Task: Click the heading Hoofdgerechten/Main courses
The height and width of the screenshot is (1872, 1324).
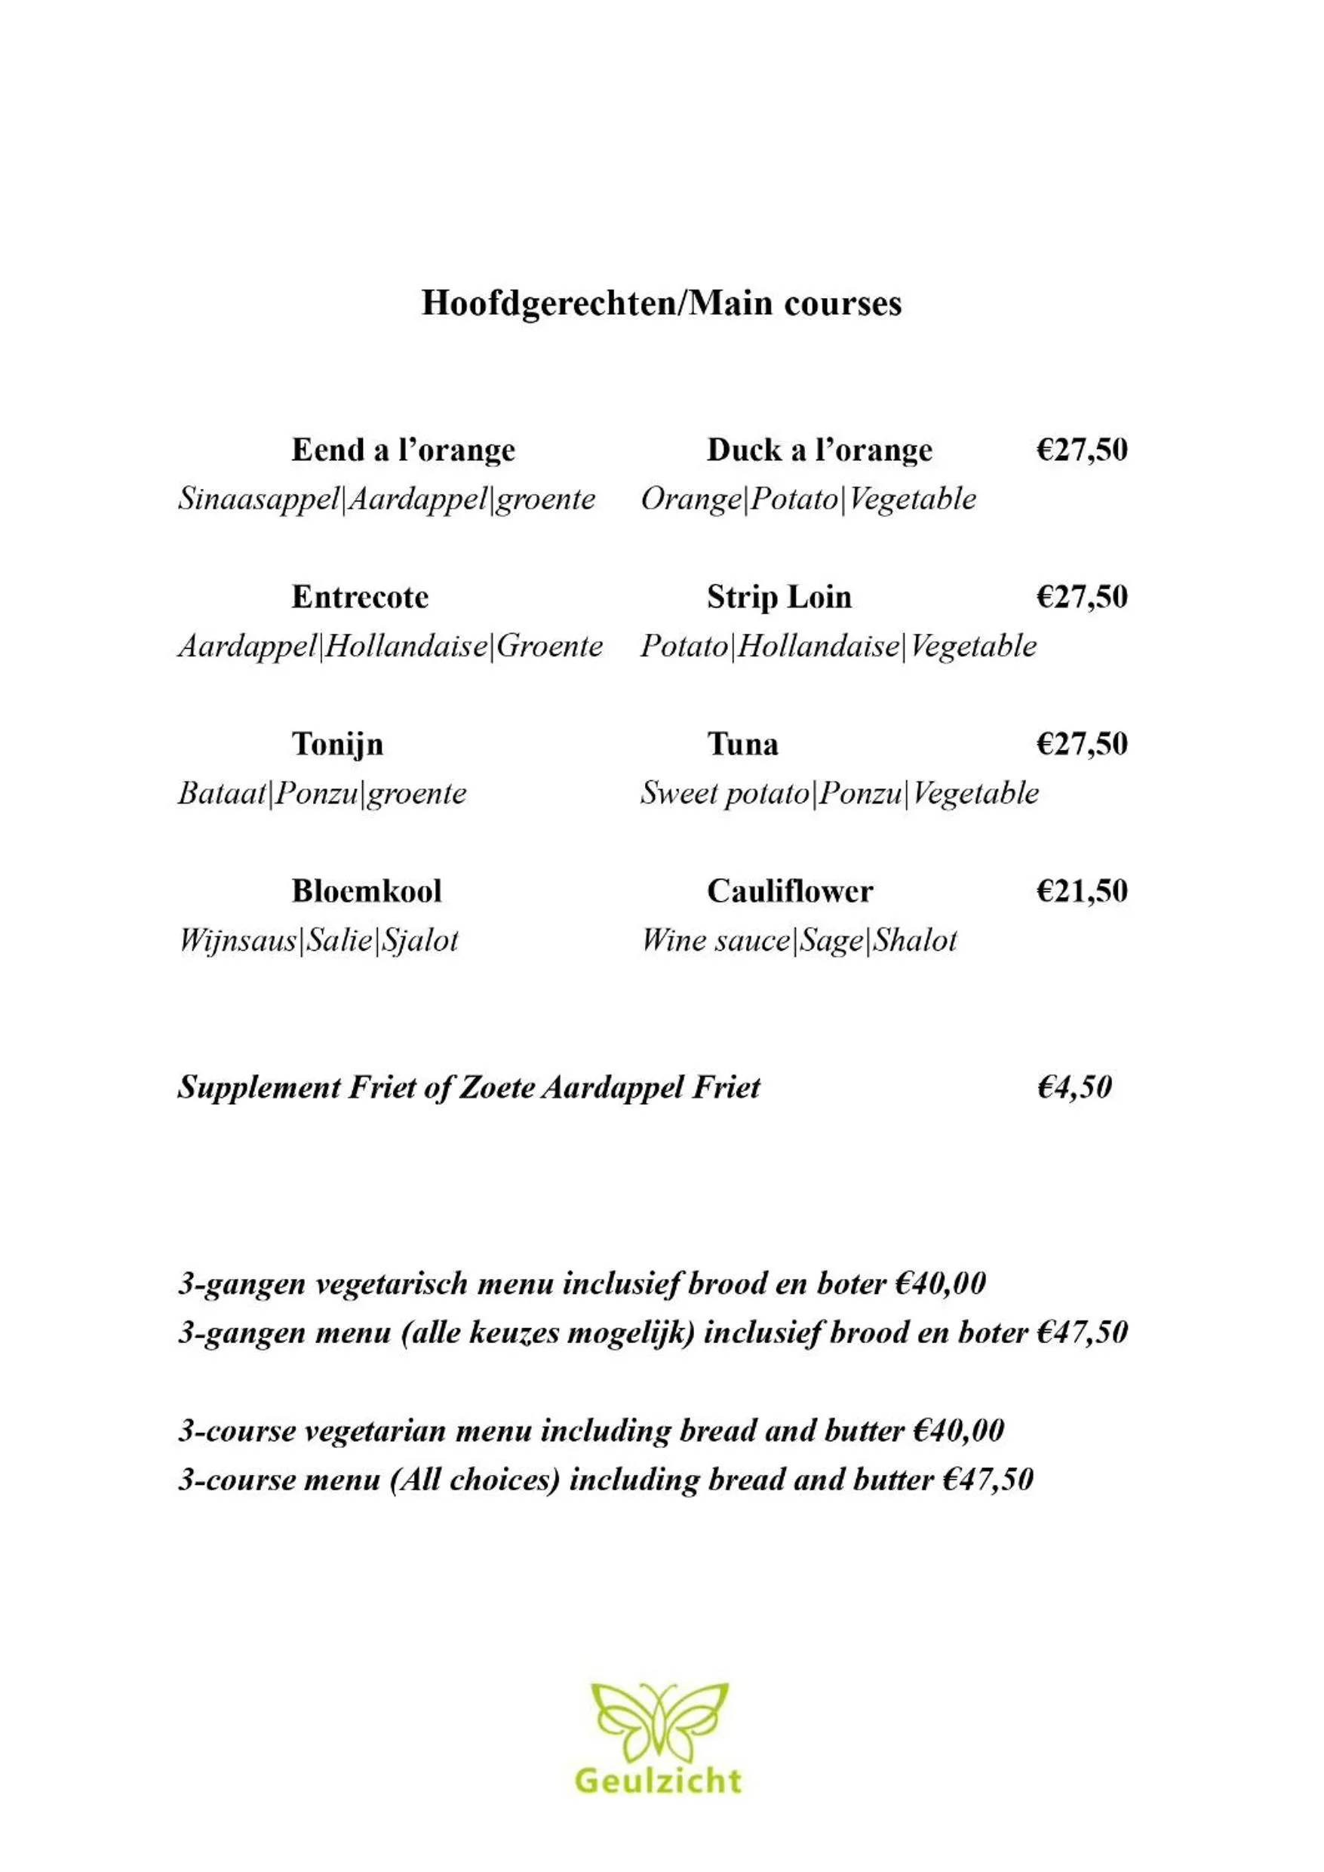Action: [x=661, y=303]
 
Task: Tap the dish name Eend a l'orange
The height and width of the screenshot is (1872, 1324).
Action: [x=404, y=450]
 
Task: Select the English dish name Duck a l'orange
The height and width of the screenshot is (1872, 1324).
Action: [x=819, y=450]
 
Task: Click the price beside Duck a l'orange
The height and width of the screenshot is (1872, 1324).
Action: [x=1082, y=449]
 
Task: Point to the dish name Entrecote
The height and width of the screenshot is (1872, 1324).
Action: [x=360, y=597]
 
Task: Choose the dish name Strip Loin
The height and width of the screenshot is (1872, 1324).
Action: [x=779, y=597]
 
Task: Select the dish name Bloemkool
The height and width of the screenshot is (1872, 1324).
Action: [x=367, y=890]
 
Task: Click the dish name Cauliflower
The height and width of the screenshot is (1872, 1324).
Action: [x=789, y=890]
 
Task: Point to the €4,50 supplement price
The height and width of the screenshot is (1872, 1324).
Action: [x=1074, y=1087]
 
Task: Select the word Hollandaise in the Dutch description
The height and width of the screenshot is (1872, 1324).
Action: [x=406, y=646]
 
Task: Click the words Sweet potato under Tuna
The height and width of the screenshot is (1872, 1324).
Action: [x=725, y=792]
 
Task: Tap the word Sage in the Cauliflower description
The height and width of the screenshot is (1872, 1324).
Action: [x=831, y=940]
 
